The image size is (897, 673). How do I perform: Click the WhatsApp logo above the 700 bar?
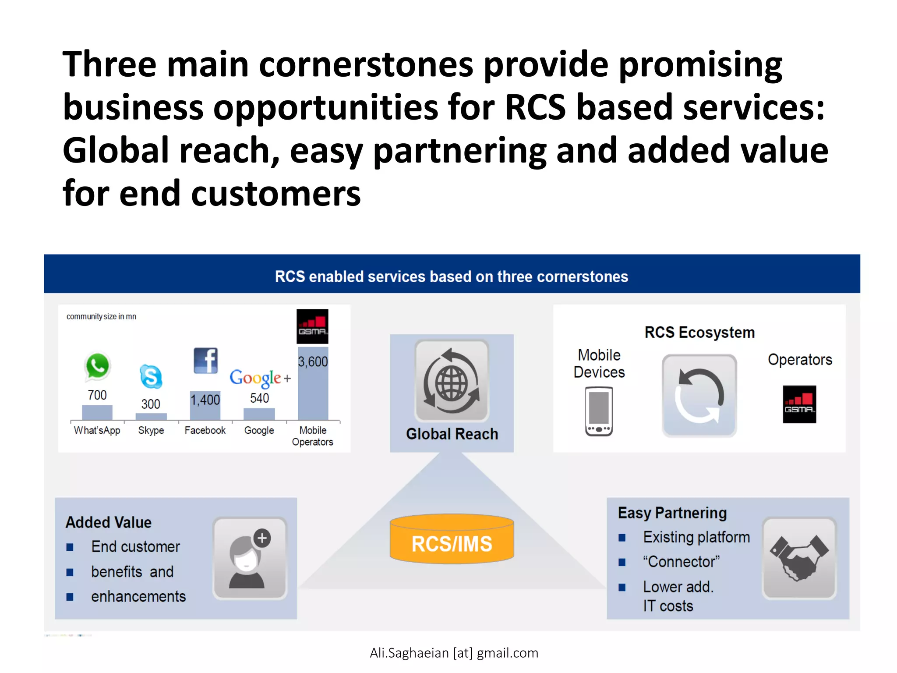click(x=97, y=366)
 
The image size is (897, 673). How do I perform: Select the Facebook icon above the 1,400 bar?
click(x=205, y=361)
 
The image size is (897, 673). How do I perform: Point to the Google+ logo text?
click(x=260, y=378)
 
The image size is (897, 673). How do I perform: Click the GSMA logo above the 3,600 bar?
click(x=312, y=326)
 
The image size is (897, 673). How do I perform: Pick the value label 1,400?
click(x=205, y=400)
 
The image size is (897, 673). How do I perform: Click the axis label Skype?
click(x=151, y=430)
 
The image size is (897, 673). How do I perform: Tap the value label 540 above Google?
click(x=259, y=398)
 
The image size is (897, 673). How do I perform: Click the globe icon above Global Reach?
click(x=452, y=381)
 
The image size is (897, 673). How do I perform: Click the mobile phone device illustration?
click(x=599, y=411)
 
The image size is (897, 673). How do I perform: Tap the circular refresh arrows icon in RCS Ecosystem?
click(x=699, y=396)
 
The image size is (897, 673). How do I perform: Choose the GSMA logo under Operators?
click(x=799, y=404)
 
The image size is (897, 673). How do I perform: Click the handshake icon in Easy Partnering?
click(x=799, y=558)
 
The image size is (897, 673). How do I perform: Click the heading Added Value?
click(x=109, y=522)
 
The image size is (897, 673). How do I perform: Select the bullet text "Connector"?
click(x=681, y=562)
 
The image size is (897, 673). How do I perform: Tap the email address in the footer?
click(x=454, y=653)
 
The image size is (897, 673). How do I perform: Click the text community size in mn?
click(x=101, y=316)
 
